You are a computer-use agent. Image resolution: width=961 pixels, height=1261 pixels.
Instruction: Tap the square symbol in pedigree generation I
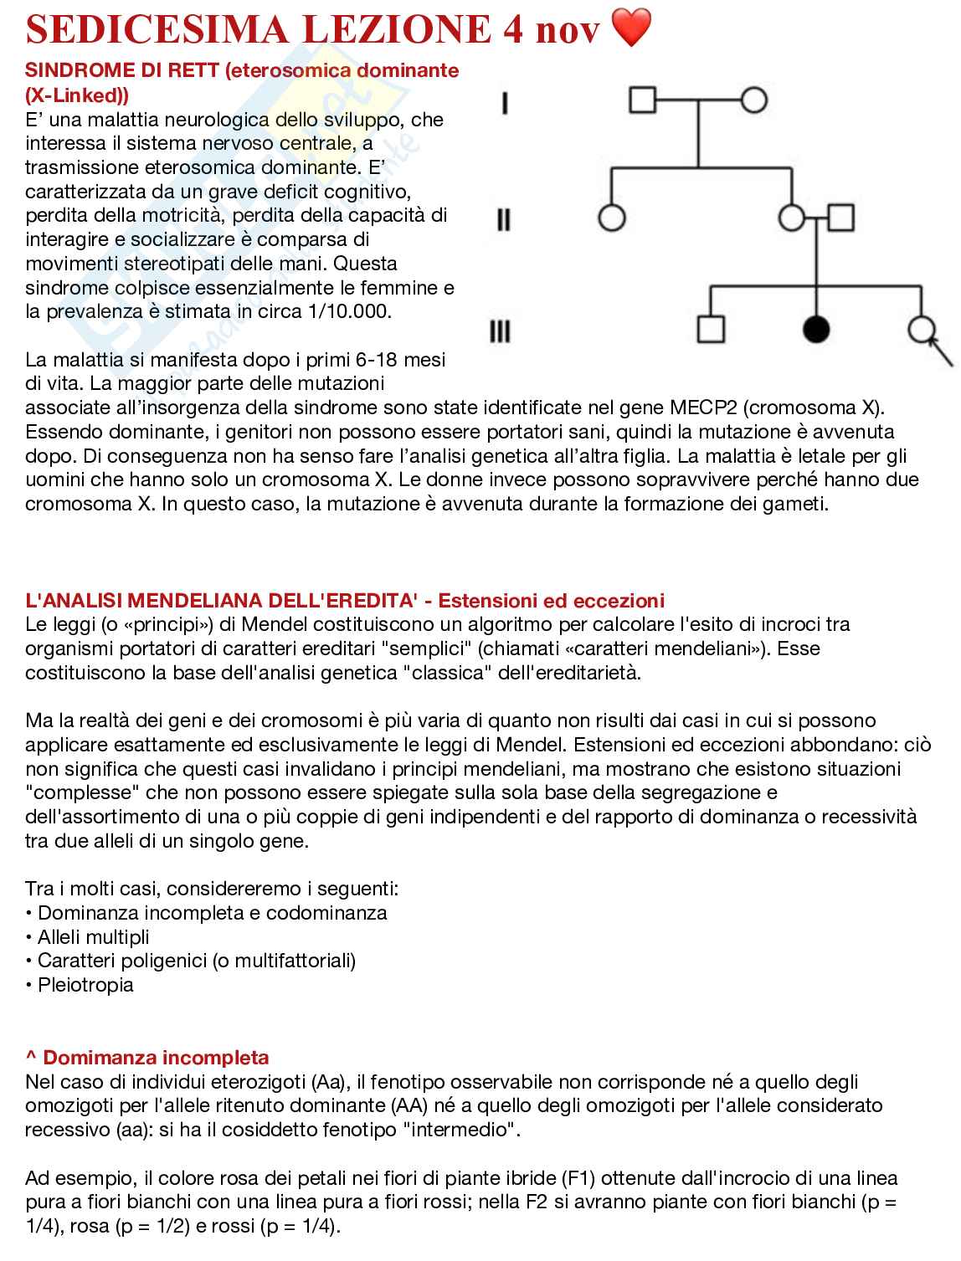pyautogui.click(x=642, y=100)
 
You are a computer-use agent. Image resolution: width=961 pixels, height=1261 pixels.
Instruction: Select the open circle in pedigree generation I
pyautogui.click(x=753, y=100)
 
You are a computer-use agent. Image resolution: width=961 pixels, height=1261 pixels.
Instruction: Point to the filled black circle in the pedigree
pyautogui.click(x=815, y=330)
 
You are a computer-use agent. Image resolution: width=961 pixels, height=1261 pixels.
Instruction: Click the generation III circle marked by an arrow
pyautogui.click(x=922, y=330)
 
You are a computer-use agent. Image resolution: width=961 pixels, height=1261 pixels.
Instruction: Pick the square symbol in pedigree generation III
pyautogui.click(x=710, y=330)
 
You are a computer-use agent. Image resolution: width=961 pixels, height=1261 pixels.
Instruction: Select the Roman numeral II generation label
pyautogui.click(x=503, y=220)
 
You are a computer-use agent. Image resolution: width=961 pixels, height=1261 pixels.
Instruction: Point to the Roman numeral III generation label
pyautogui.click(x=500, y=332)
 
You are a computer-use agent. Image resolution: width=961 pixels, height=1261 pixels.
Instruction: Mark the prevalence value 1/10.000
pyautogui.click(x=350, y=312)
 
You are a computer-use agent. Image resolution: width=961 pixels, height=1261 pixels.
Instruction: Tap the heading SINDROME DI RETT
pyautogui.click(x=122, y=70)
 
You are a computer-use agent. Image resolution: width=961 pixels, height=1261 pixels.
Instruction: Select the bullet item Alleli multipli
pyautogui.click(x=93, y=937)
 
